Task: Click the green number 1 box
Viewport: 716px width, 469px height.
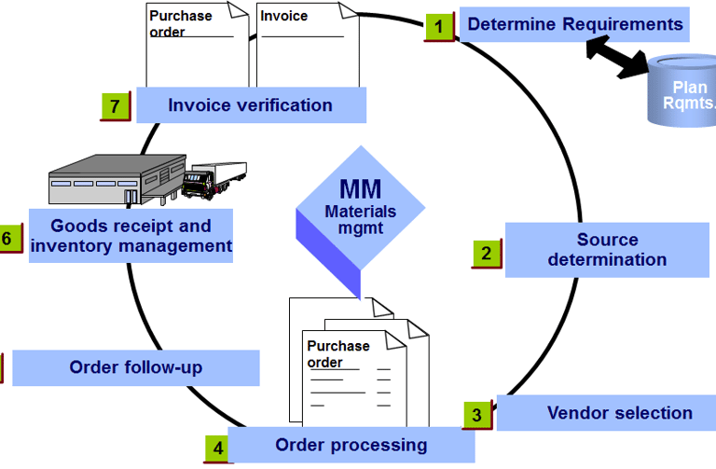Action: pyautogui.click(x=439, y=26)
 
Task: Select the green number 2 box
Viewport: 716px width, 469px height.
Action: pyautogui.click(x=486, y=253)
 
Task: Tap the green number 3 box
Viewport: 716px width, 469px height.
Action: pyautogui.click(x=476, y=415)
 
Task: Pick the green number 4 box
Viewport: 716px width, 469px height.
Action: pyautogui.click(x=217, y=448)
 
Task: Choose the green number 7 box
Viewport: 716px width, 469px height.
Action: pyautogui.click(x=114, y=106)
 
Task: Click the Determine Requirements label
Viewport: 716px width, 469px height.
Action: pyautogui.click(x=575, y=24)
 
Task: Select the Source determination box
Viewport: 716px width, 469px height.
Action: pyautogui.click(x=607, y=250)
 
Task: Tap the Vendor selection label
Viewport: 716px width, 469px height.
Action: pyautogui.click(x=619, y=412)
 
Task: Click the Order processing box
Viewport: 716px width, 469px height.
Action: pyautogui.click(x=351, y=445)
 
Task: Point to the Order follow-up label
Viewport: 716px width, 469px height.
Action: pyautogui.click(x=136, y=367)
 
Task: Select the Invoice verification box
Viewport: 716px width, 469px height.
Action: pyautogui.click(x=250, y=105)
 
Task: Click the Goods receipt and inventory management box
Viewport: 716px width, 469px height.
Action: pyautogui.click(x=131, y=235)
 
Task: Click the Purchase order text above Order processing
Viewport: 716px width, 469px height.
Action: pyautogui.click(x=337, y=353)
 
